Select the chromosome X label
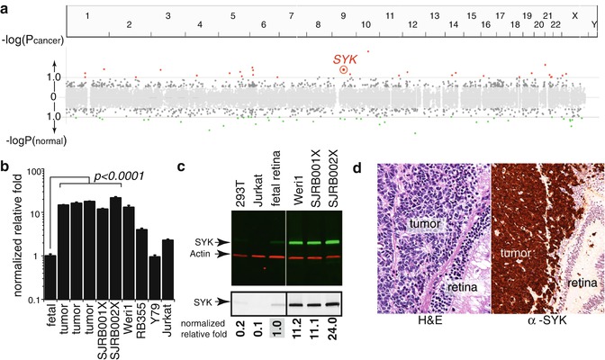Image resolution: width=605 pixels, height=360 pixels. pyautogui.click(x=575, y=16)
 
